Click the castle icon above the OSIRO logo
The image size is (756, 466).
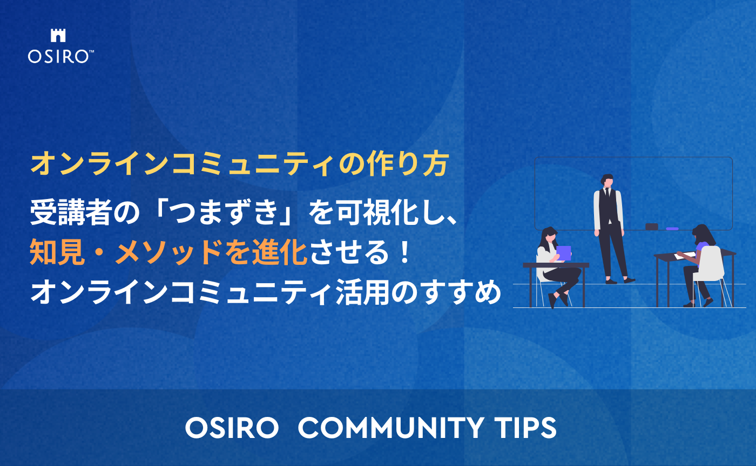coord(58,36)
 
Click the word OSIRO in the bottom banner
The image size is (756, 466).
coord(232,428)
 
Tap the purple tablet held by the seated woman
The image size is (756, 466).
coord(563,252)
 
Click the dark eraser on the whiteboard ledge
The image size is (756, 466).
coord(652,227)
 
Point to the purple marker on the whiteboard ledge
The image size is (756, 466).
coord(672,229)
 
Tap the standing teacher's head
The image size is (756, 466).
coord(607,180)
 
